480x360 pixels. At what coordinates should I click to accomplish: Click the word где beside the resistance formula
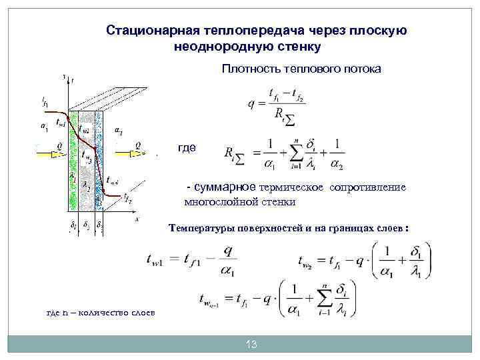tap(187, 147)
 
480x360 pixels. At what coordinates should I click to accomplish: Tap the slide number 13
tap(251, 345)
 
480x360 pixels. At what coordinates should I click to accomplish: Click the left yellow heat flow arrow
tap(53, 153)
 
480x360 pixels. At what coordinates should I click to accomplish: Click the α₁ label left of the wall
tap(44, 124)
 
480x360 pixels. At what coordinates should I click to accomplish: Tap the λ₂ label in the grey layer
tap(87, 189)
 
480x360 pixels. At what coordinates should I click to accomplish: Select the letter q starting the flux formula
tap(251, 104)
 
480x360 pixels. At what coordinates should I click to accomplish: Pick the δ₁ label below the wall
tap(72, 225)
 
